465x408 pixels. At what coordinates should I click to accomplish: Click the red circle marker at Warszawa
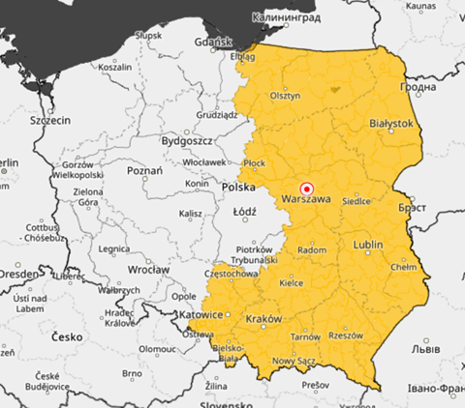pos(307,189)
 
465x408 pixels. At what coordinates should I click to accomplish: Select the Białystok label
pos(392,124)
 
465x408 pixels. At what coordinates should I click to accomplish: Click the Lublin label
pos(369,245)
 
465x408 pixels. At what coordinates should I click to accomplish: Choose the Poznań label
pos(143,170)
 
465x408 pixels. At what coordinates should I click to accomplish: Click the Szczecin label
pos(49,121)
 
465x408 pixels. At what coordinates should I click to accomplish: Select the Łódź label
pos(243,209)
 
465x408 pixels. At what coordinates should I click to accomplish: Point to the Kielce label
pos(291,283)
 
